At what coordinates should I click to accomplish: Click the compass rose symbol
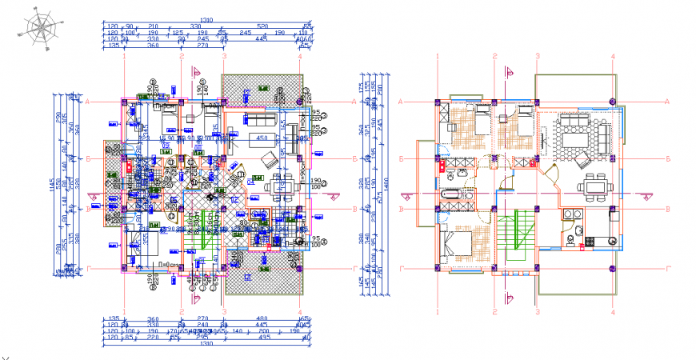tap(39, 29)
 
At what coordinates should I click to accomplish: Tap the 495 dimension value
tap(261, 338)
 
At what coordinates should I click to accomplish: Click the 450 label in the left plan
tap(260, 138)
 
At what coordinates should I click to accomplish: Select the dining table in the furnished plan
tap(594, 186)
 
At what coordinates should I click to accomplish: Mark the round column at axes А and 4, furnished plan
tap(612, 102)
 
